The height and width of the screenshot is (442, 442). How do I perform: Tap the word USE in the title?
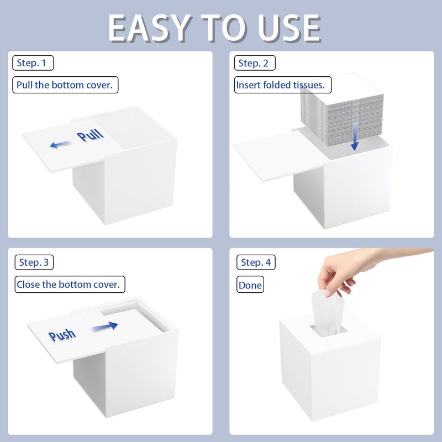[290, 28]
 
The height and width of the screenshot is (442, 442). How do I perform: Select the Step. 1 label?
[33, 63]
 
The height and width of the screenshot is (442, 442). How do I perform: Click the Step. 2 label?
[255, 63]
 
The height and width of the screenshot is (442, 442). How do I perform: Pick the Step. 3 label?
[34, 262]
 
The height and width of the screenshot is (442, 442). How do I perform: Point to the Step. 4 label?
[256, 262]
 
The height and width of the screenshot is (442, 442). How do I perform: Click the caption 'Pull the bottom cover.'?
[65, 85]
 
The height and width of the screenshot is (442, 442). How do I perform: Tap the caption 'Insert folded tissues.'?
[283, 85]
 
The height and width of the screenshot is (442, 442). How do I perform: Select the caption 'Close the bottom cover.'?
[70, 284]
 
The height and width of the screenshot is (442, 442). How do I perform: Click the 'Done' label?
[250, 285]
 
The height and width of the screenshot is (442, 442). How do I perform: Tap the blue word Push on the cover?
[62, 335]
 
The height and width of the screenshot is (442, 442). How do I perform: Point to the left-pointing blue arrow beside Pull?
[60, 144]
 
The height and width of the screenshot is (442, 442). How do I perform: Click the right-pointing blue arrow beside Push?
[104, 327]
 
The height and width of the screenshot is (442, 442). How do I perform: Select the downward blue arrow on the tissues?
[355, 136]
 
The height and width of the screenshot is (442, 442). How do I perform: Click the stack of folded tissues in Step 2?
[342, 110]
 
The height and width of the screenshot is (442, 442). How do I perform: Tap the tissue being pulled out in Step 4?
[328, 313]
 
